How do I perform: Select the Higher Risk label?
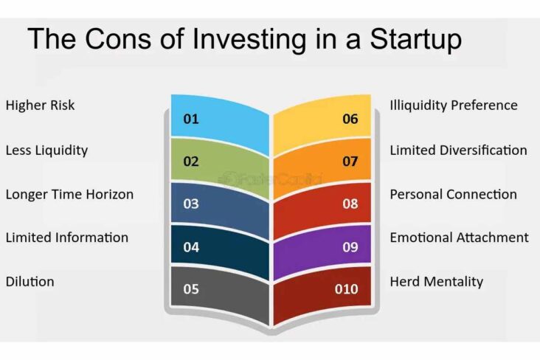pos(40,105)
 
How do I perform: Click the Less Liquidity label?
pos(46,150)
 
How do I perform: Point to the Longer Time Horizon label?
pos(69,195)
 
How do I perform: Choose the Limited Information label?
pos(66,238)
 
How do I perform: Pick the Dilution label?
pos(30,282)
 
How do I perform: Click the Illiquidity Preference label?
pos(454,105)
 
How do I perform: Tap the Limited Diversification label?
pos(458,150)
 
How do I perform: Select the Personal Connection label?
pos(453,195)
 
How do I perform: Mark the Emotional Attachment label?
pos(459,238)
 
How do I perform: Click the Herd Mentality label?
pos(436,282)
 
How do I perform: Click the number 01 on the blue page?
pos(191,119)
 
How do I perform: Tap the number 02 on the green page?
pos(191,162)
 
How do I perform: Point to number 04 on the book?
pos(191,247)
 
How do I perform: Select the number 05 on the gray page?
pos(191,289)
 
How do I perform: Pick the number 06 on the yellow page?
pos(350,119)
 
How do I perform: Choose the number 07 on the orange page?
pos(350,162)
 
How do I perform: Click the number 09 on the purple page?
pos(350,247)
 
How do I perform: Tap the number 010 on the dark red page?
pos(347,289)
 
